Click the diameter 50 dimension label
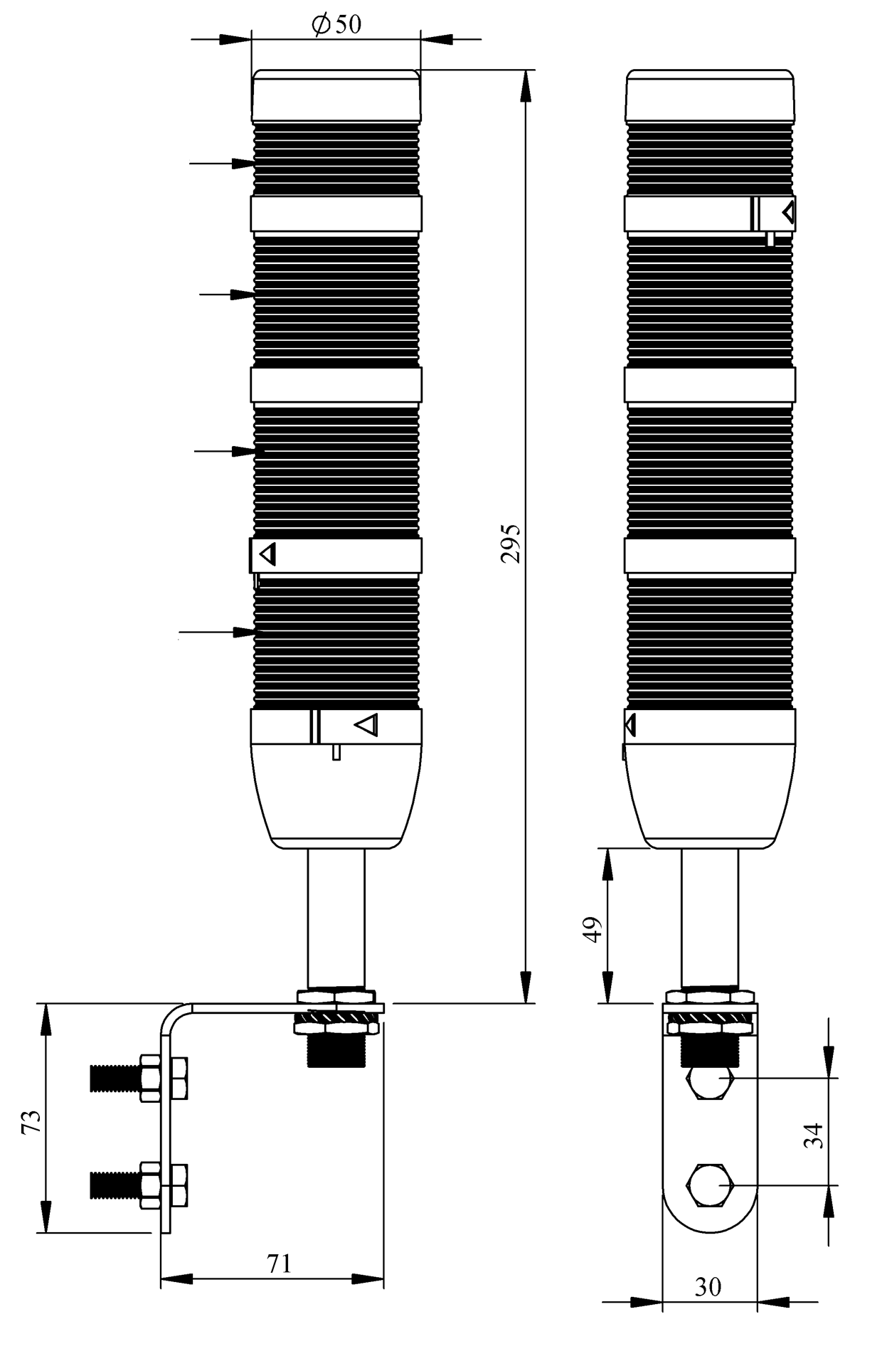pyautogui.click(x=336, y=25)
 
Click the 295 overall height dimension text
pyautogui.click(x=510, y=544)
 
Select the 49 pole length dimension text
pyautogui.click(x=593, y=929)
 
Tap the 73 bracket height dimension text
pyautogui.click(x=31, y=1122)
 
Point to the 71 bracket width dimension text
pyautogui.click(x=279, y=1264)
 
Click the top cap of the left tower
pyautogui.click(x=336, y=95)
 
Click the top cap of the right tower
pyautogui.click(x=709, y=95)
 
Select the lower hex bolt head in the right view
pyautogui.click(x=709, y=1186)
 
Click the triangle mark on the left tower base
pyautogui.click(x=367, y=725)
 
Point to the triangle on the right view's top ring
pyautogui.click(x=788, y=212)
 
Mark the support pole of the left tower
pyautogui.click(x=336, y=918)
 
